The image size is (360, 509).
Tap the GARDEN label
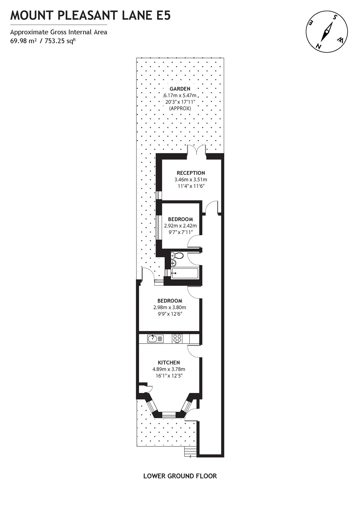tap(180, 89)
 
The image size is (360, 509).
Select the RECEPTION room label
tap(191, 173)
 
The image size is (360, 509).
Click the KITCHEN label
tap(169, 362)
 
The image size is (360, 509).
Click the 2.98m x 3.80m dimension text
tap(170, 307)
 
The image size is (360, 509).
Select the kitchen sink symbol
tap(156, 338)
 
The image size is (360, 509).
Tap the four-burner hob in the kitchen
tap(177, 338)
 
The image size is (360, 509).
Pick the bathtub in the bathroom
tap(184, 273)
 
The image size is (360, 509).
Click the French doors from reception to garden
tap(196, 150)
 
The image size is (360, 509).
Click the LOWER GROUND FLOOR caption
tap(180, 476)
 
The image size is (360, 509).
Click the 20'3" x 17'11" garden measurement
tap(180, 102)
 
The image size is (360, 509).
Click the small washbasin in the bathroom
tap(173, 263)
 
